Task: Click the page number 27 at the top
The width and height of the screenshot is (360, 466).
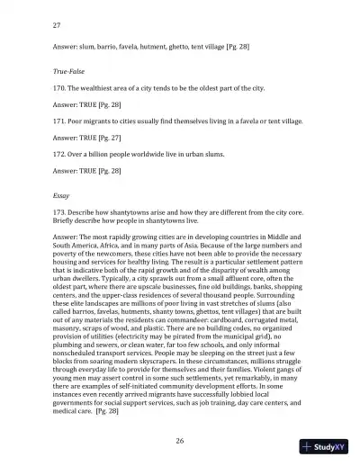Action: [x=58, y=26]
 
